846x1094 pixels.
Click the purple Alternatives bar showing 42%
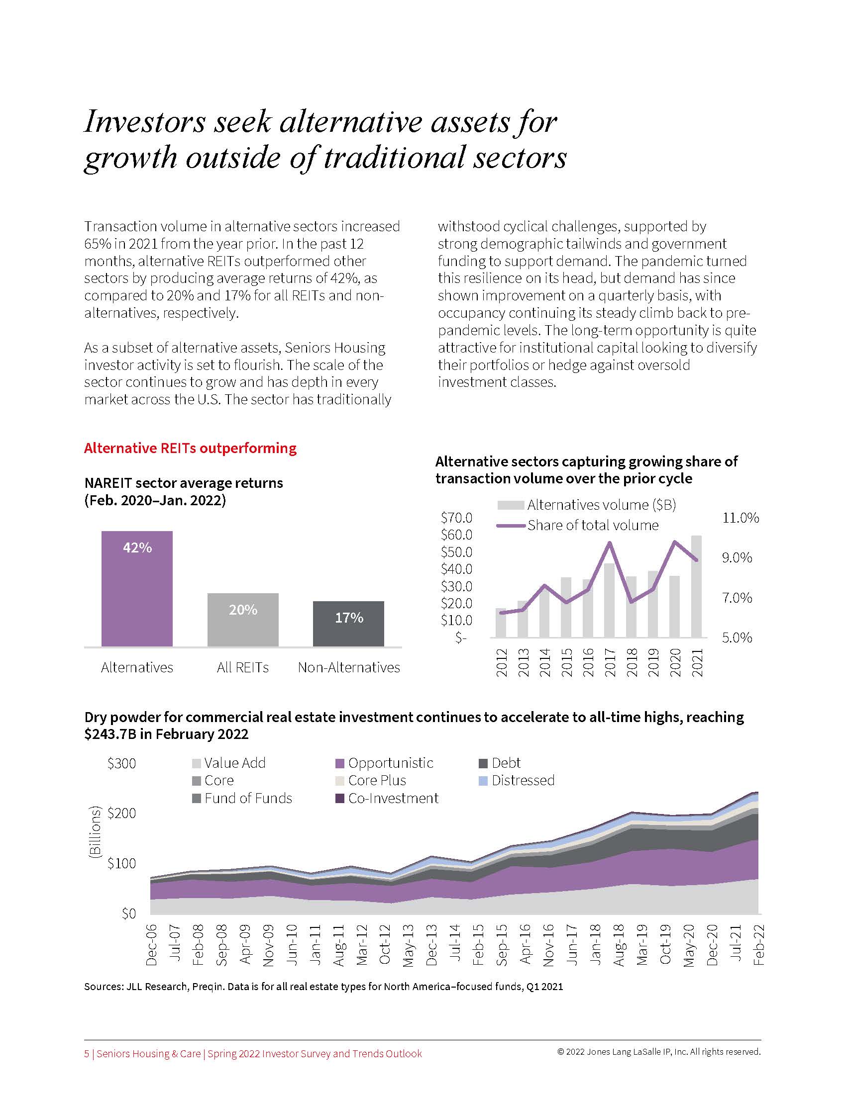point(137,589)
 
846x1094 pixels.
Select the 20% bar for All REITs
point(242,620)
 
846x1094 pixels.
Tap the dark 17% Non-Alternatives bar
point(348,624)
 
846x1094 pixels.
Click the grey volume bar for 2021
point(696,586)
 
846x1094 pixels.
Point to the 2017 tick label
point(610,662)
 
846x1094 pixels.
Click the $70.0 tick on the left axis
point(456,518)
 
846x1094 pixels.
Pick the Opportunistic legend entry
point(384,763)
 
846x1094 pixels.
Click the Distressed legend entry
point(517,780)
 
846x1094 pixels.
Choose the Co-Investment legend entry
point(387,798)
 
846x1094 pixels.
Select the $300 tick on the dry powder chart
point(121,763)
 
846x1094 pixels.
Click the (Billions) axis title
point(94,832)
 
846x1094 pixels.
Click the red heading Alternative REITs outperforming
point(190,448)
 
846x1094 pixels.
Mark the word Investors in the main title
point(145,122)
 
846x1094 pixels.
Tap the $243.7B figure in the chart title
point(116,734)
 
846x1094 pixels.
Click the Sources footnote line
point(323,987)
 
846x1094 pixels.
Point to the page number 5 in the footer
point(87,1054)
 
